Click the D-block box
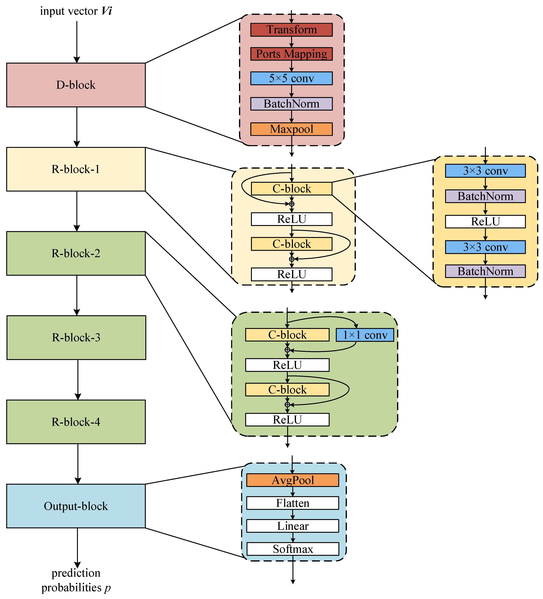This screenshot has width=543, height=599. click(76, 85)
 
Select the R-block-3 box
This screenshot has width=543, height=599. click(76, 338)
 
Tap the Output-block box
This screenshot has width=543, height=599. click(76, 506)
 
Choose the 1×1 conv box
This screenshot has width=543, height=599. click(365, 335)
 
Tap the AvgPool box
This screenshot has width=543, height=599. click(292, 480)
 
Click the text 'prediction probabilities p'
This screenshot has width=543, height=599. click(76, 580)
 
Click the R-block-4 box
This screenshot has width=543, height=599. click(76, 422)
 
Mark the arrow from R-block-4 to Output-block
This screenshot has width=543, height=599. click(78, 464)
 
